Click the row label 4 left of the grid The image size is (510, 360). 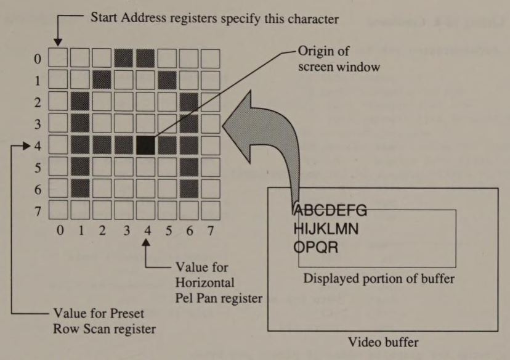click(x=38, y=146)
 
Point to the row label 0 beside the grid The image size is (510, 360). click(x=38, y=60)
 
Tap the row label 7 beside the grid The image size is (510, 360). click(x=38, y=211)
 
